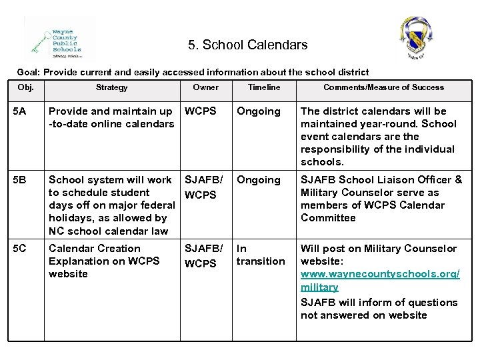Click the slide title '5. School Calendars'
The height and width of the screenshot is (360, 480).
(x=247, y=45)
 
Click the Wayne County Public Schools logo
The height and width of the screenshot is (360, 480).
(x=59, y=40)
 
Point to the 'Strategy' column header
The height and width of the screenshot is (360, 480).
(x=111, y=87)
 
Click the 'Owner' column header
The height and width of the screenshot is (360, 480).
(x=205, y=87)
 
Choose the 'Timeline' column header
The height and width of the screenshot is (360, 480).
(x=264, y=87)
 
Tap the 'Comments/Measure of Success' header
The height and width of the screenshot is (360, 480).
(x=383, y=87)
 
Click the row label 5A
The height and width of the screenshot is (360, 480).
(x=23, y=111)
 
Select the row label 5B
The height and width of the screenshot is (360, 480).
(x=23, y=180)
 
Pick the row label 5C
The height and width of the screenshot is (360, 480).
(x=23, y=249)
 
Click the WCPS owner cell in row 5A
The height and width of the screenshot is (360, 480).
(x=200, y=111)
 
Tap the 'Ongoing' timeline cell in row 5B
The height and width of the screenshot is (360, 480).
(x=259, y=180)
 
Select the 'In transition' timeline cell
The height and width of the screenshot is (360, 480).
(x=260, y=255)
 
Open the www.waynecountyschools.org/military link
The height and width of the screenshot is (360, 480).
(x=380, y=281)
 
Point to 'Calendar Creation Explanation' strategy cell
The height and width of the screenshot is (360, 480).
(x=104, y=261)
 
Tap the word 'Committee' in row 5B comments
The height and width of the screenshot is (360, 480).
(x=328, y=218)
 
